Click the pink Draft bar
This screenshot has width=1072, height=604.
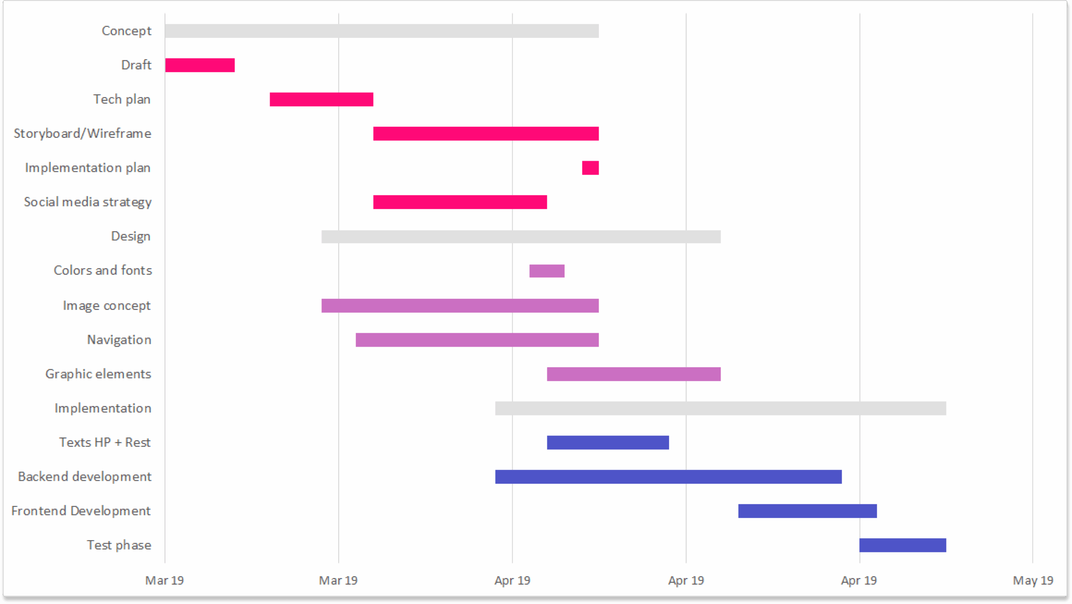(x=200, y=65)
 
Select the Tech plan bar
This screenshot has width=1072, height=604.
(x=321, y=100)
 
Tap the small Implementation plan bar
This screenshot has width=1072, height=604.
(x=590, y=168)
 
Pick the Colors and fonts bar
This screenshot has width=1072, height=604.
(x=546, y=271)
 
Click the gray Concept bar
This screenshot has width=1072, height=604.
(x=381, y=31)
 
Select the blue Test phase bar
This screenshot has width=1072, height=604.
(x=902, y=545)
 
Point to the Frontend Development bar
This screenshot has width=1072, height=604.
(x=807, y=511)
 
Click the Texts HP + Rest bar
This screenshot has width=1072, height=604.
(x=608, y=443)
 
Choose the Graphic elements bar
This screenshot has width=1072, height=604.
(x=634, y=374)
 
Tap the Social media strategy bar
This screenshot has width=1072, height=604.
(x=460, y=202)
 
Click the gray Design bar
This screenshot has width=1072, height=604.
(x=521, y=237)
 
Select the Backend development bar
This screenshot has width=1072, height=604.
(x=668, y=477)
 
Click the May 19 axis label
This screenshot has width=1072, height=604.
(x=1032, y=581)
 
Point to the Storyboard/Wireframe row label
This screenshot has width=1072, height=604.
(x=82, y=134)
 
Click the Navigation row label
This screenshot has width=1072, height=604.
(x=119, y=340)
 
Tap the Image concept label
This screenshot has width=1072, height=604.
(x=106, y=306)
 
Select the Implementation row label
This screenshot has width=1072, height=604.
(x=103, y=408)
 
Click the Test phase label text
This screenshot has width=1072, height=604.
(x=119, y=545)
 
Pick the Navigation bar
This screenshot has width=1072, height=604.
(x=477, y=340)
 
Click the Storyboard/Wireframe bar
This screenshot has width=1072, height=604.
(x=486, y=134)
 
